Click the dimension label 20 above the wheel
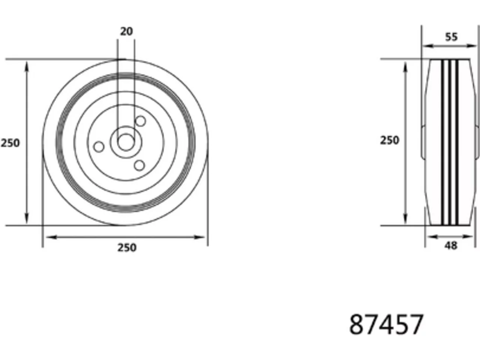coord(126,31)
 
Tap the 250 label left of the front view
coord(10,143)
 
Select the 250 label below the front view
coord(127,247)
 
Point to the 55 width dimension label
coord(451,37)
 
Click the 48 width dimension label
coord(451,246)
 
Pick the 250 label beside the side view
coord(390,140)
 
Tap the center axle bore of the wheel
coord(126,142)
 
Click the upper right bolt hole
coord(140,121)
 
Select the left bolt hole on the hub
coord(99,147)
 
